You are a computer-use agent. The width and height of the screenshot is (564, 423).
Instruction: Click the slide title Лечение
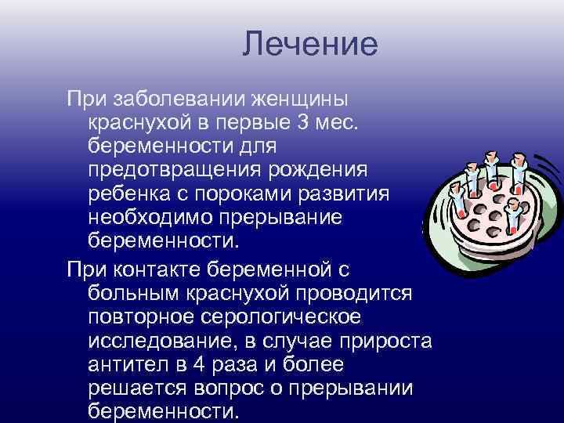point(310,43)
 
